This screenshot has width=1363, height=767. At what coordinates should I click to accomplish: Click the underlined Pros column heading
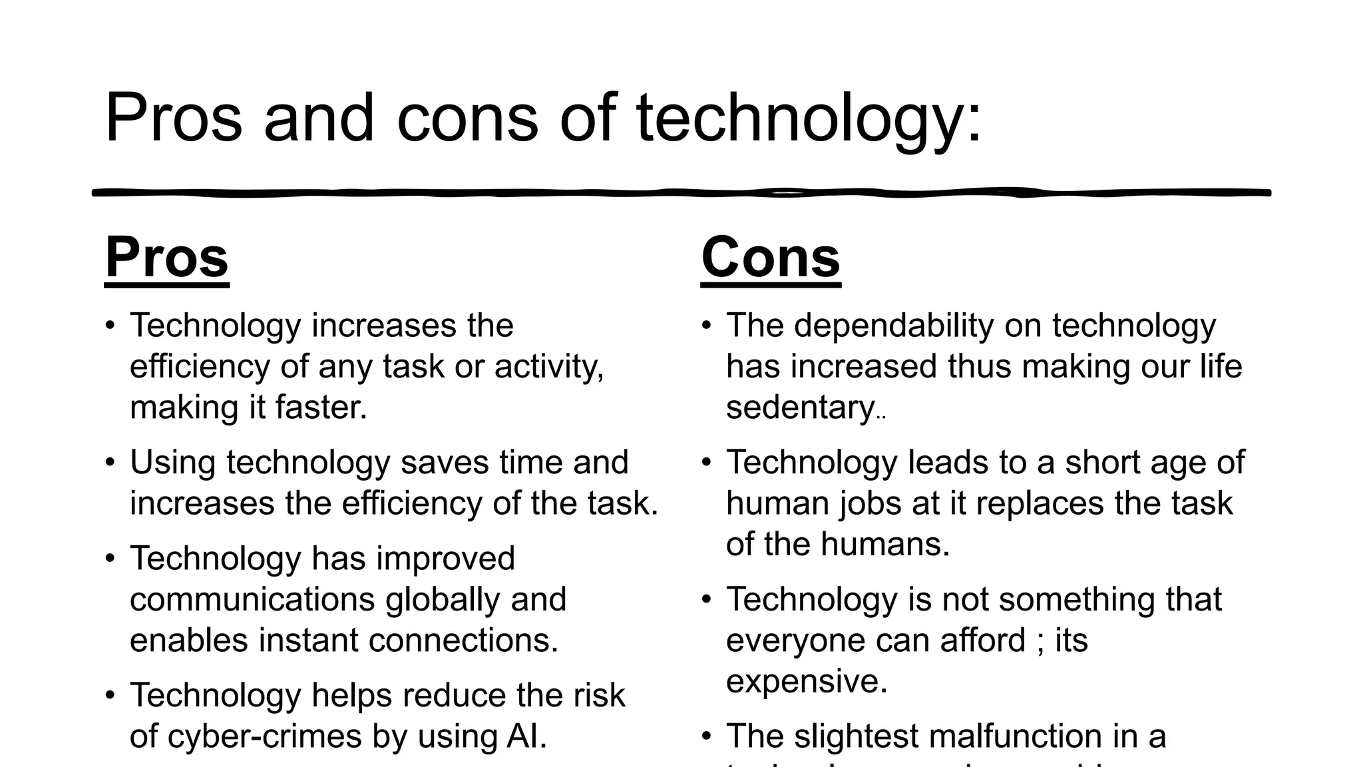tap(167, 258)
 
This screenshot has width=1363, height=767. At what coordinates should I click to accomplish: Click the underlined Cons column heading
tap(771, 258)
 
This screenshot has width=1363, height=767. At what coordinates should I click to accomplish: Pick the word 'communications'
tap(252, 599)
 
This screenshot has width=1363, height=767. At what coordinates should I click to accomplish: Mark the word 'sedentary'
tap(800, 407)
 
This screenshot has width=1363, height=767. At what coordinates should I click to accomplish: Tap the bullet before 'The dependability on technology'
tap(707, 326)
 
